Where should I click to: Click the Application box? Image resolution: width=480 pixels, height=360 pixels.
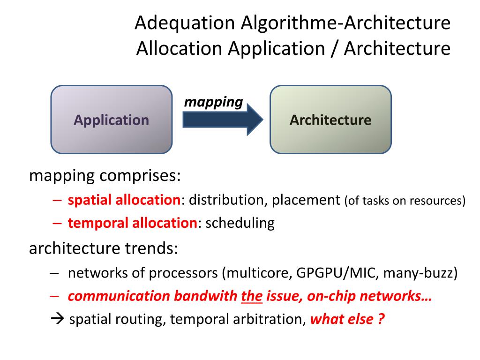pos(111,120)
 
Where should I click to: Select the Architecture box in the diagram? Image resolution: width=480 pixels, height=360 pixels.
pos(330,120)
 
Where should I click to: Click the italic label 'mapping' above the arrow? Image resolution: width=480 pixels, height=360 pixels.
pos(213,102)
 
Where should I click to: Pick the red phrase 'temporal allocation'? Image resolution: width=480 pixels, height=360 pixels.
pos(132,223)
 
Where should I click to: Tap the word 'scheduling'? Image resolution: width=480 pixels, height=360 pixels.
pos(240,223)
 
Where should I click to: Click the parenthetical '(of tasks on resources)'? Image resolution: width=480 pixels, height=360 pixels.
pos(405,201)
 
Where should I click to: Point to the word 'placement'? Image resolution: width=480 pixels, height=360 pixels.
pos(306,200)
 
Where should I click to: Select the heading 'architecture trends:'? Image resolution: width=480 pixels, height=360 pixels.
pos(104,248)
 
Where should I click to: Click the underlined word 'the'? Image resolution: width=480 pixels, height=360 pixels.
pos(252,296)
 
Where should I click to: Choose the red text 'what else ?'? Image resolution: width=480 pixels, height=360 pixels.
pos(347,320)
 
